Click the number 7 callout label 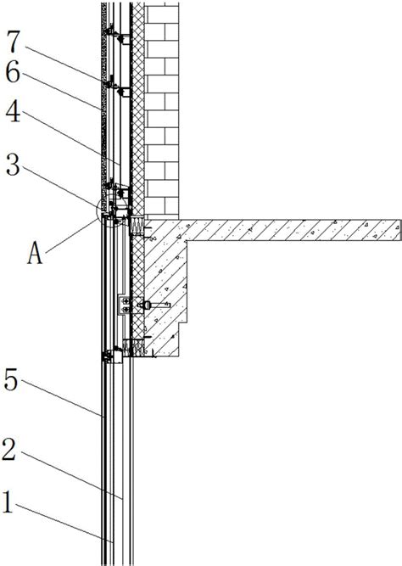(x=13, y=42)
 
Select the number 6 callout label (x=13, y=72)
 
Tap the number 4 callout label (x=13, y=111)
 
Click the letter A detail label (x=35, y=253)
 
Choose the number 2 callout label (x=9, y=449)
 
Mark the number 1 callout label (x=8, y=502)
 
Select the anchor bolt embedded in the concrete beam (x=154, y=305)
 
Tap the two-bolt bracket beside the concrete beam (x=124, y=305)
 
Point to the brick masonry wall (x=162, y=111)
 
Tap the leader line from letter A (x=71, y=235)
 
